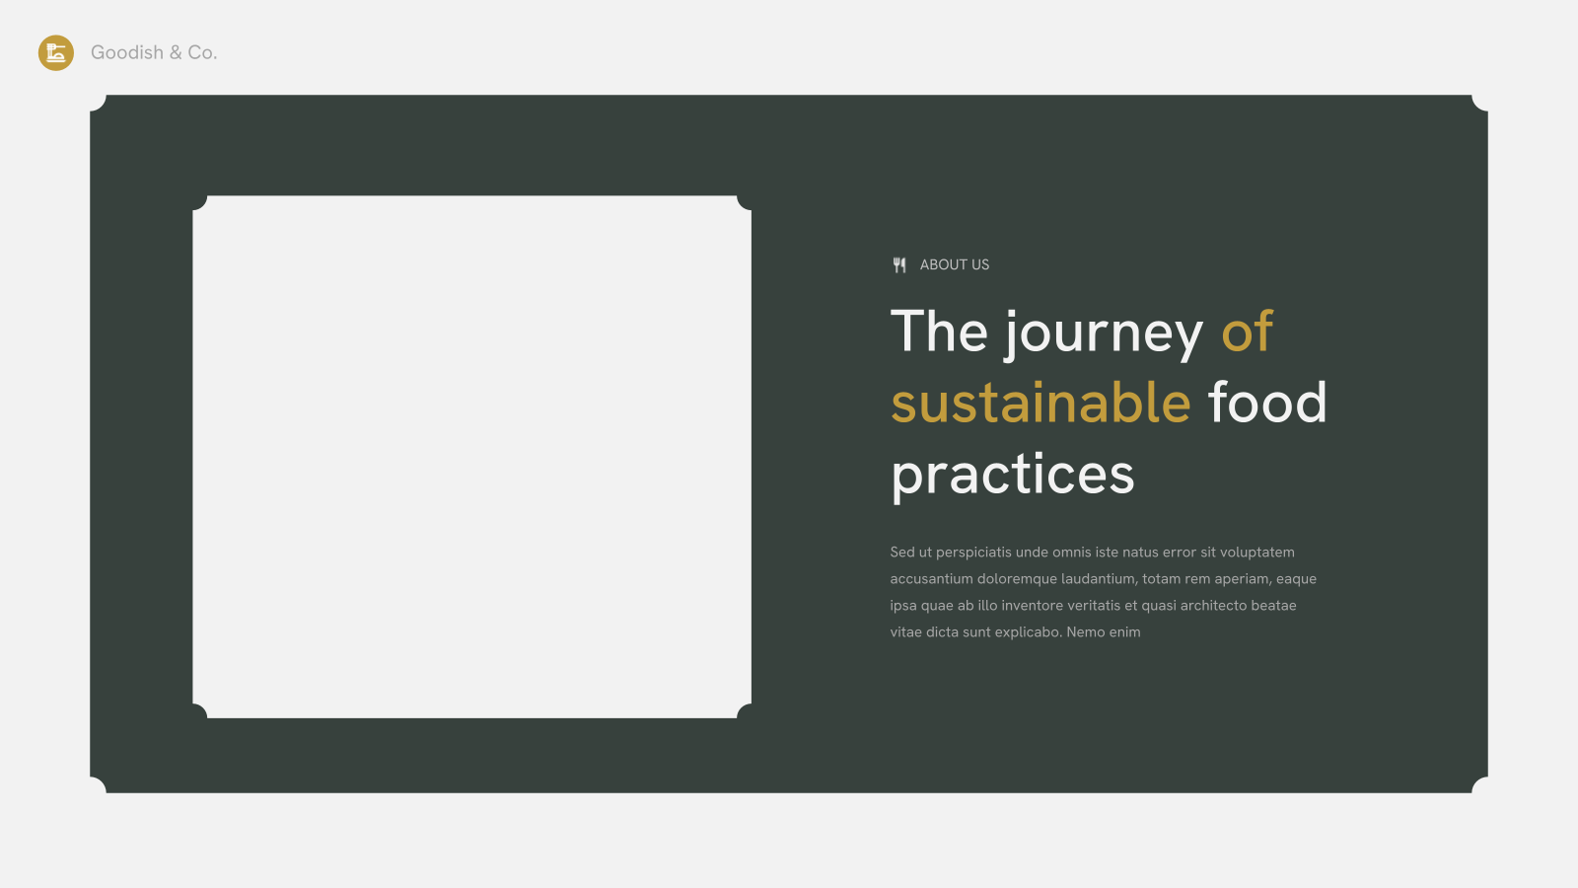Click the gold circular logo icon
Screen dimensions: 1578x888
tap(55, 53)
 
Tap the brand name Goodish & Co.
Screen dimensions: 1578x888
tap(154, 53)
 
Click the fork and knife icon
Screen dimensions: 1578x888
tap(899, 265)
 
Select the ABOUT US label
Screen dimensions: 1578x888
tap(955, 265)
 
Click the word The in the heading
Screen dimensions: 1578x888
tap(939, 331)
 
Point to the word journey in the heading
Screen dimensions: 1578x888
tap(1104, 335)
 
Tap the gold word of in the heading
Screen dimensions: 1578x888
tap(1247, 331)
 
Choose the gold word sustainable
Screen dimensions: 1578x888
tap(1040, 402)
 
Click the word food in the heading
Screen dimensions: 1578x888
tap(1267, 402)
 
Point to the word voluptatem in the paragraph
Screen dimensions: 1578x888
tap(1256, 554)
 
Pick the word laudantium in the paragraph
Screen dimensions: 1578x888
tap(1099, 579)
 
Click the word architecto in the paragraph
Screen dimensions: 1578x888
tap(1213, 606)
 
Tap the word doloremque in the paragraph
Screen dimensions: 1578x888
tap(1017, 580)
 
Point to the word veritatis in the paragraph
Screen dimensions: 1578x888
tap(1093, 606)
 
